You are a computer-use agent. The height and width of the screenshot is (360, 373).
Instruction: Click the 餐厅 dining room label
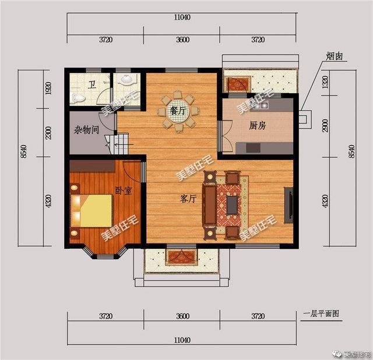click(x=178, y=110)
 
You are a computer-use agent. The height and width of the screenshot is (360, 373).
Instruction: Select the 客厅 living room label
click(x=187, y=199)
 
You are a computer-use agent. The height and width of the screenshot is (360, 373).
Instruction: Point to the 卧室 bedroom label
click(x=122, y=190)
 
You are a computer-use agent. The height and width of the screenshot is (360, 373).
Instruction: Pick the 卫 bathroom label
click(x=92, y=85)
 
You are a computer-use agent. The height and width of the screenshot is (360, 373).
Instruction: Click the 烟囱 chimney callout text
click(x=334, y=57)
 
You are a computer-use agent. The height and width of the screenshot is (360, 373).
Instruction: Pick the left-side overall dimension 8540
click(x=22, y=157)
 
